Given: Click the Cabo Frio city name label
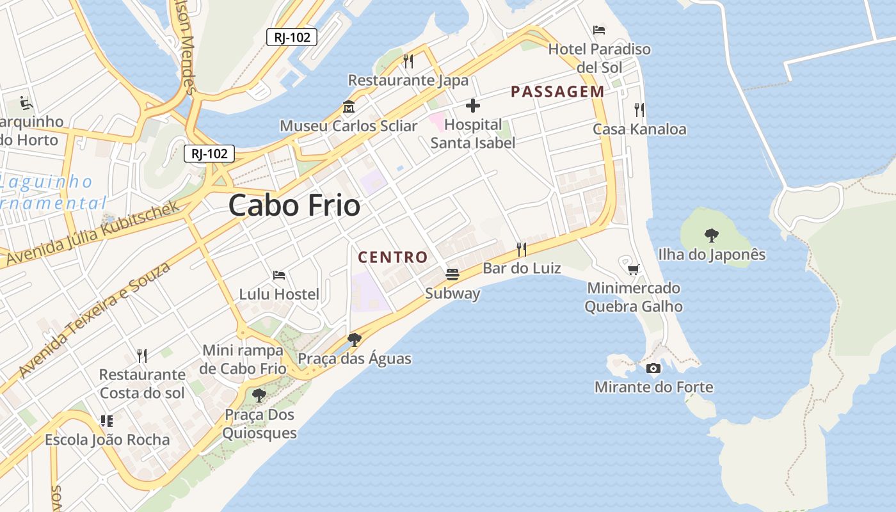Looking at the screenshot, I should coord(294,205).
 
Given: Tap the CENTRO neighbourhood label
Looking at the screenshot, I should coord(393,257).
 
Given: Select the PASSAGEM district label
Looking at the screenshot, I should coord(557,92).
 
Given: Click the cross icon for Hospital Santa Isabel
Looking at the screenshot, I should coord(473,106).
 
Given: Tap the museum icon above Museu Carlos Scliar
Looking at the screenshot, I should coord(349,107).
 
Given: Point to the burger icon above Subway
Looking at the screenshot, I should coord(452,275).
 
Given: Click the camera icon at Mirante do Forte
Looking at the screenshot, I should coord(653,368).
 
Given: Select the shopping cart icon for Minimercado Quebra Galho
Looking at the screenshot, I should coord(633,269).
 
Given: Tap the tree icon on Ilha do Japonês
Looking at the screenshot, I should coord(711,236).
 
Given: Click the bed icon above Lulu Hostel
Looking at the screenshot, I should coord(279,275).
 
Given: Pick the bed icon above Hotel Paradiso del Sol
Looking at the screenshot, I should coord(599,29).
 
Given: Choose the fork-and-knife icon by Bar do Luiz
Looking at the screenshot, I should coord(522,249).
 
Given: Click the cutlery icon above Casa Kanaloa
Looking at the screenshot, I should coord(639,110).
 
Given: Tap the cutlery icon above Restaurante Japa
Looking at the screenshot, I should coord(408,61).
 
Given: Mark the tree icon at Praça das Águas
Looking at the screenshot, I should coord(354,339).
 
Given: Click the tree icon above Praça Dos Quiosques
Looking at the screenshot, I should coord(259,396).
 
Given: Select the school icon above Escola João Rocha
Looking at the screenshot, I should coord(107,421).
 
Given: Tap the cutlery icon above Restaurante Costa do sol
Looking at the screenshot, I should coord(142,355).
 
